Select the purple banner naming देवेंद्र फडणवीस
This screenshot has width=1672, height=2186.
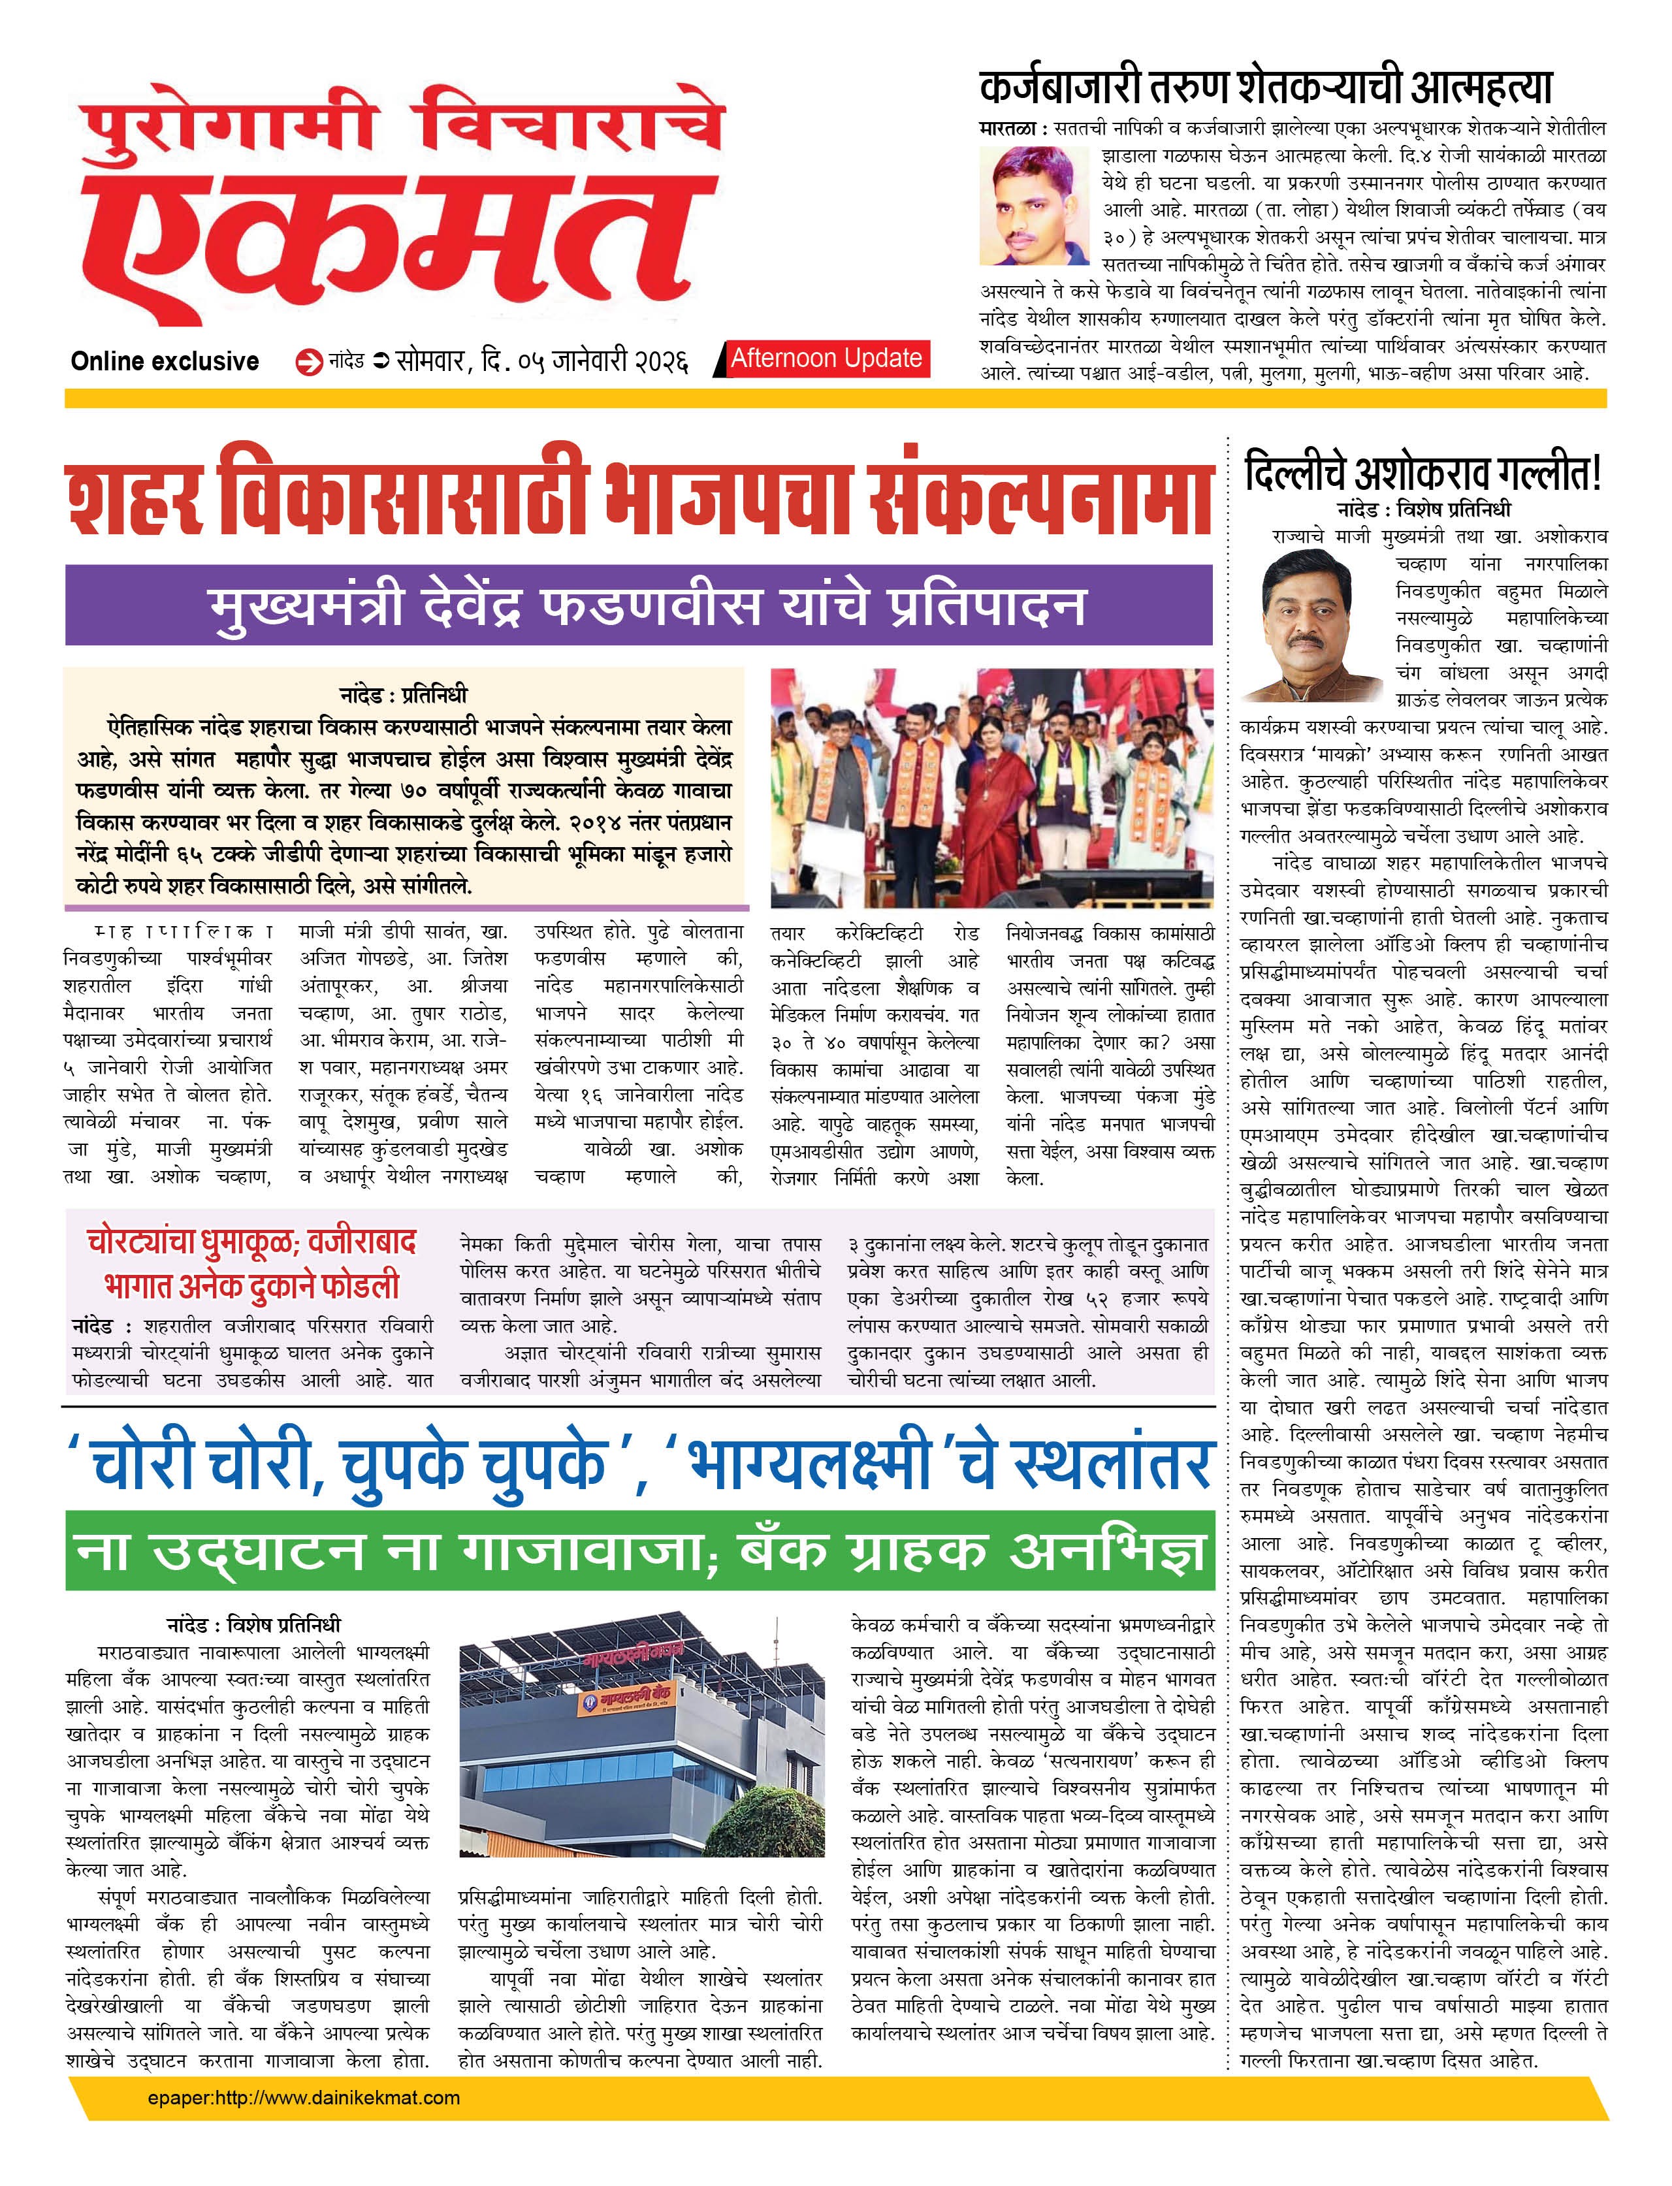pyautogui.click(x=638, y=605)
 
